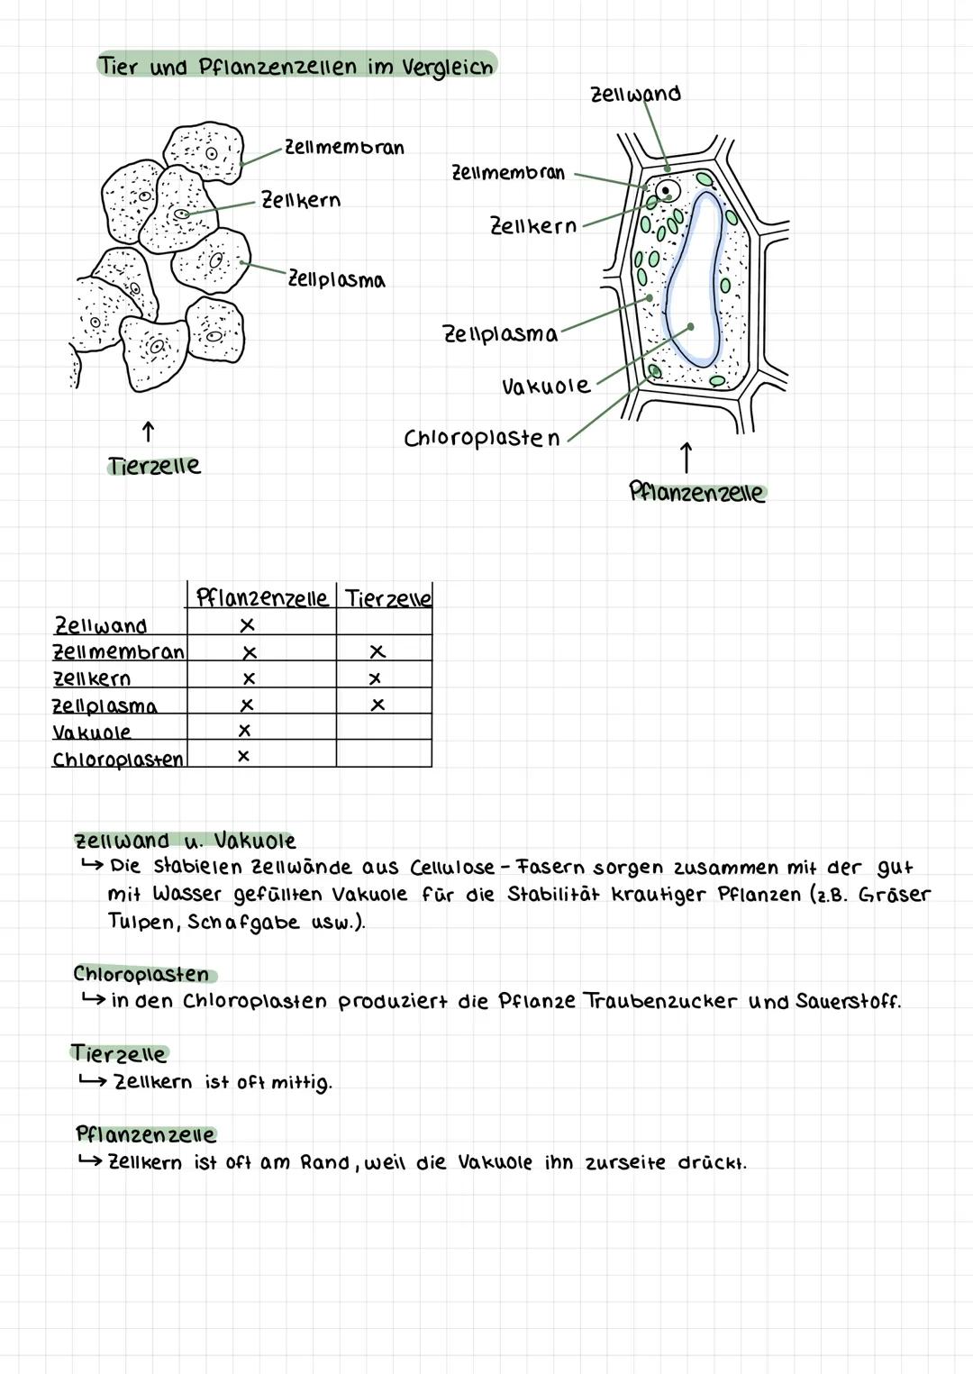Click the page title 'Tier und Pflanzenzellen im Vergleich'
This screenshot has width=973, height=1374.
[296, 67]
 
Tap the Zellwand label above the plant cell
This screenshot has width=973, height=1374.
[635, 94]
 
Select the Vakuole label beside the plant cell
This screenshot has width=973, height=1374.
[546, 387]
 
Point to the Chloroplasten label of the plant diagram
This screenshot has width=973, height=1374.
[482, 439]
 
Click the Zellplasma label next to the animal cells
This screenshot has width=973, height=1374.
[336, 279]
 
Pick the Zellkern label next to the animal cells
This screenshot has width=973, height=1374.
[301, 200]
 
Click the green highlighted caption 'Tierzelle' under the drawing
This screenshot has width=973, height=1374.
[154, 466]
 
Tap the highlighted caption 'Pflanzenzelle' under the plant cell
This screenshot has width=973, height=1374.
[696, 493]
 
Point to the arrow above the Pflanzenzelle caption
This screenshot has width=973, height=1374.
[687, 457]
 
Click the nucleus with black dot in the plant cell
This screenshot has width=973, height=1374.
[667, 191]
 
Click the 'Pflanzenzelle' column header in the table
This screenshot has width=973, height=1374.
[261, 597]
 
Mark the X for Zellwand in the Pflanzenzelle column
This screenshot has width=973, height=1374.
[247, 624]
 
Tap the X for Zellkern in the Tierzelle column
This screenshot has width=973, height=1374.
[376, 678]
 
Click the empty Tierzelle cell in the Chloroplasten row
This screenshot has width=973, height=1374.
[384, 754]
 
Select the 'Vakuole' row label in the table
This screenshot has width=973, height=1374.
[92, 732]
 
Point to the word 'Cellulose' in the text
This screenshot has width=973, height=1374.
[452, 868]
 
